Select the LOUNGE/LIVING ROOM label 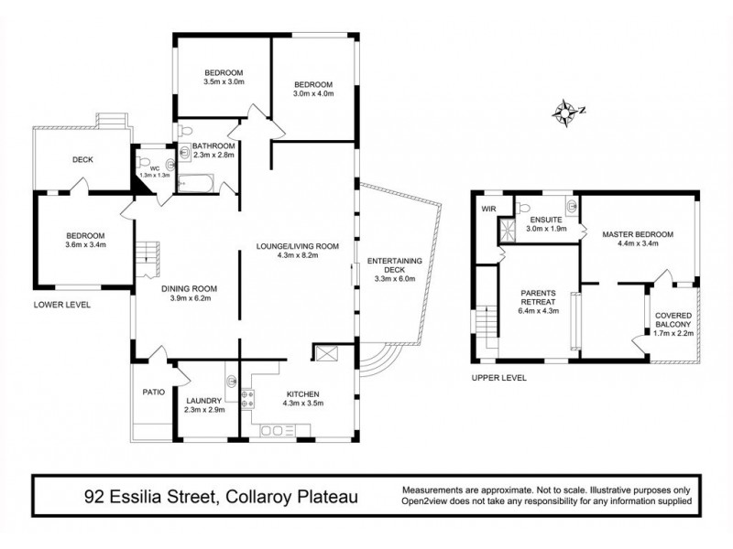point(298,245)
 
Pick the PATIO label point(154,393)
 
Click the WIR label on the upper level point(487,209)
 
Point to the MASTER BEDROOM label point(637,234)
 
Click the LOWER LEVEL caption point(61,305)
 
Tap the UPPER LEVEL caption point(499,377)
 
